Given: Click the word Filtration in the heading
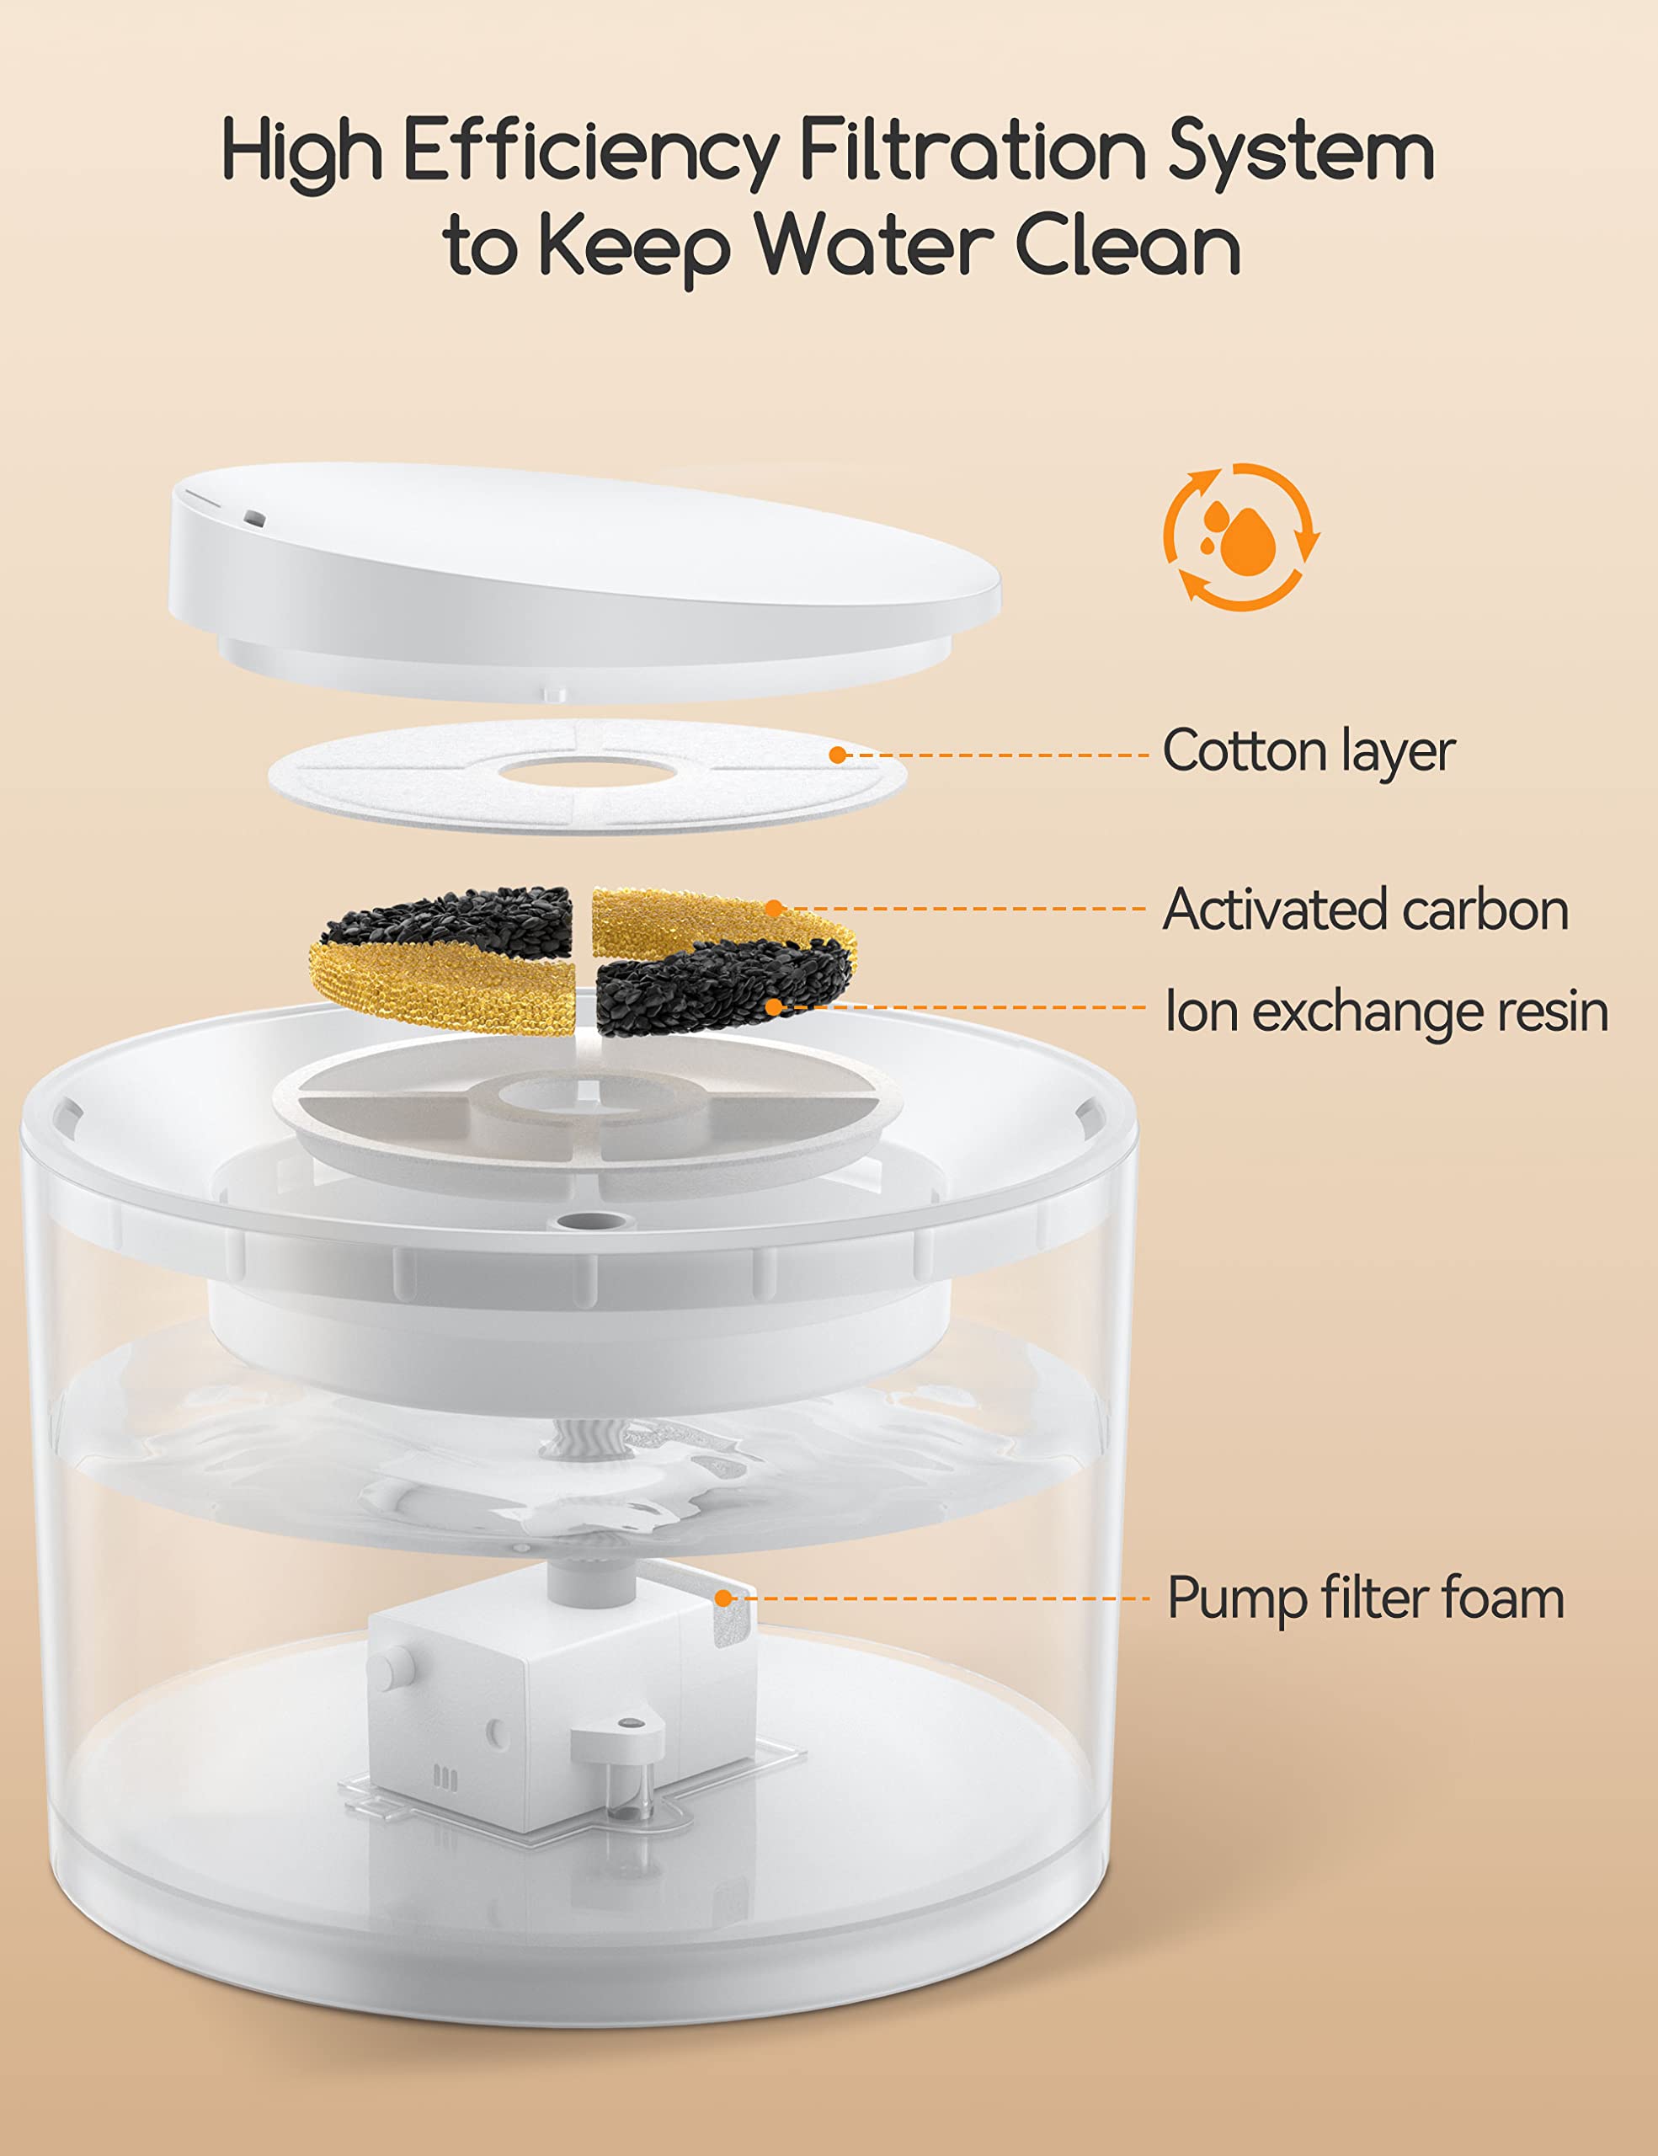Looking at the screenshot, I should tap(971, 151).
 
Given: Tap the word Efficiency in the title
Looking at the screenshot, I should tap(590, 151).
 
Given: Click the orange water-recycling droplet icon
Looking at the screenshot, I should tap(1241, 536).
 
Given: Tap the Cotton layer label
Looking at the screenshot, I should tap(1308, 752).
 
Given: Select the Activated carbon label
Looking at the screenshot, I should tap(1365, 910).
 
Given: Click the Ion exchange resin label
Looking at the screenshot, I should tap(1387, 1011).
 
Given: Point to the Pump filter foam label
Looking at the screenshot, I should tap(1365, 1598).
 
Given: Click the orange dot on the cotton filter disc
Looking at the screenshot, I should tap(837, 755).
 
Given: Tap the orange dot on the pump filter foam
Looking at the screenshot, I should tap(723, 1598).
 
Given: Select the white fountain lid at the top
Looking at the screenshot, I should tap(582, 573).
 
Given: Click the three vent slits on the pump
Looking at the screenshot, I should tap(445, 1779).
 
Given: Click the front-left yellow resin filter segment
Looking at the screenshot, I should tap(444, 982).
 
